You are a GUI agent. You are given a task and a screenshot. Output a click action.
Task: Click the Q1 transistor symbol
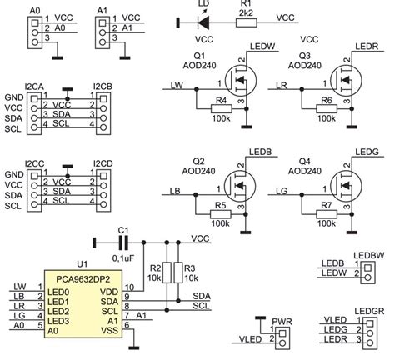click(240, 86)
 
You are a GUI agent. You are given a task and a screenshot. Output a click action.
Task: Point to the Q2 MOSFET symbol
click(240, 191)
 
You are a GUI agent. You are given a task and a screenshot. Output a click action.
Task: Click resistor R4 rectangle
click(222, 109)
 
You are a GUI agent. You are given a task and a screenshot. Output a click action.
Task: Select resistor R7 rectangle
click(327, 214)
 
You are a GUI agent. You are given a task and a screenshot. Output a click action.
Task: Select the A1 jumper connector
click(102, 29)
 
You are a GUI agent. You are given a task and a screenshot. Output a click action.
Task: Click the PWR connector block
click(282, 335)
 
